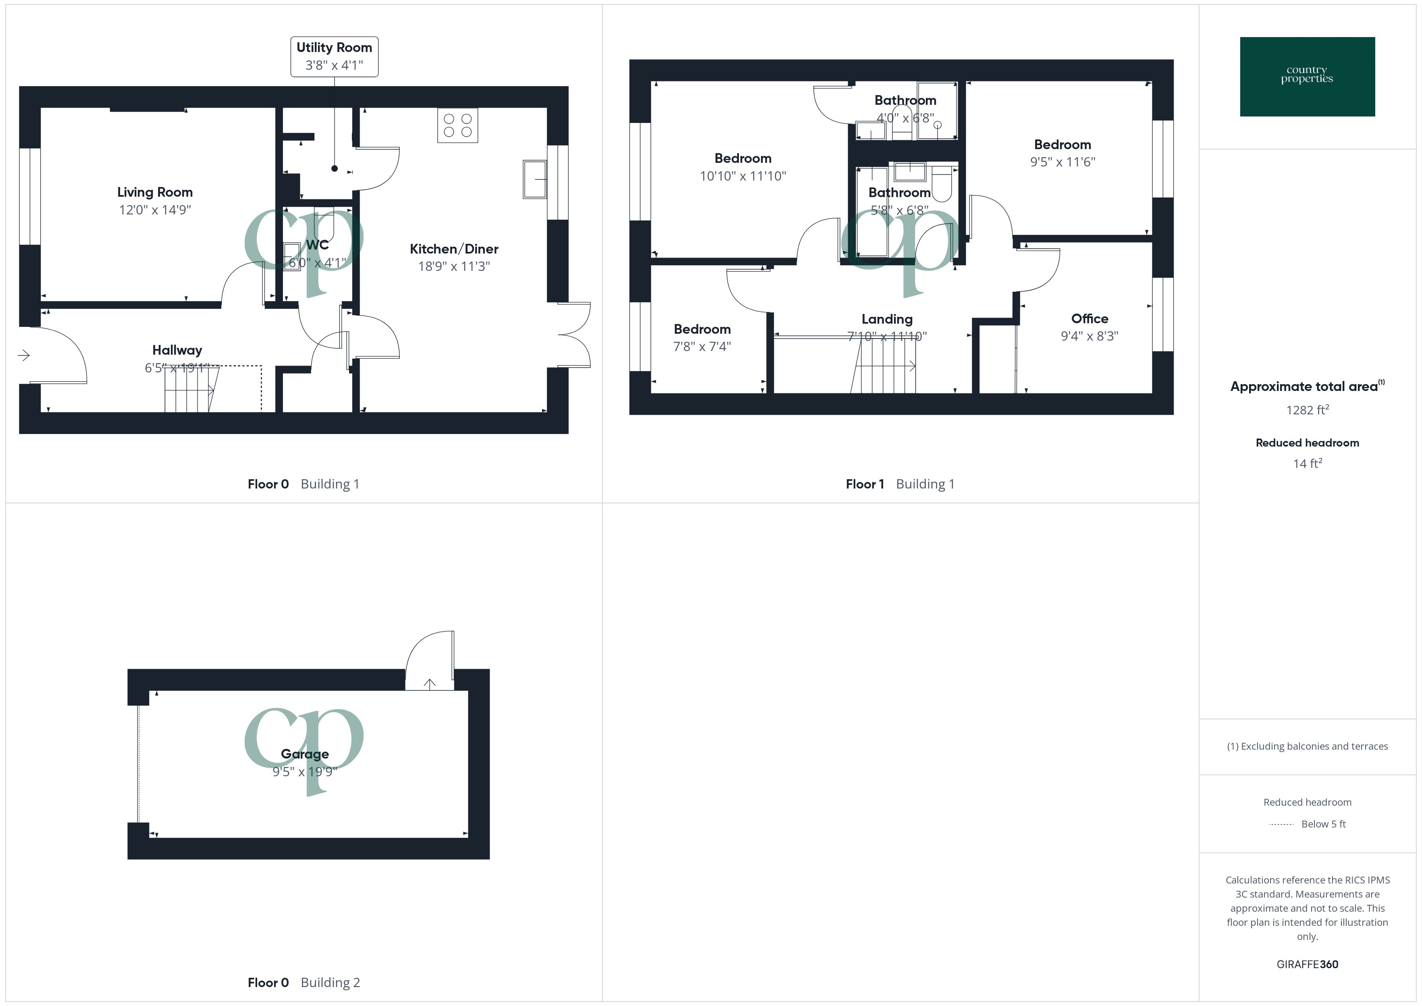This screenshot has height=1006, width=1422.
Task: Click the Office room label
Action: (x=1089, y=318)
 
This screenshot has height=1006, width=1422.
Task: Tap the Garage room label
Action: (x=305, y=754)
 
